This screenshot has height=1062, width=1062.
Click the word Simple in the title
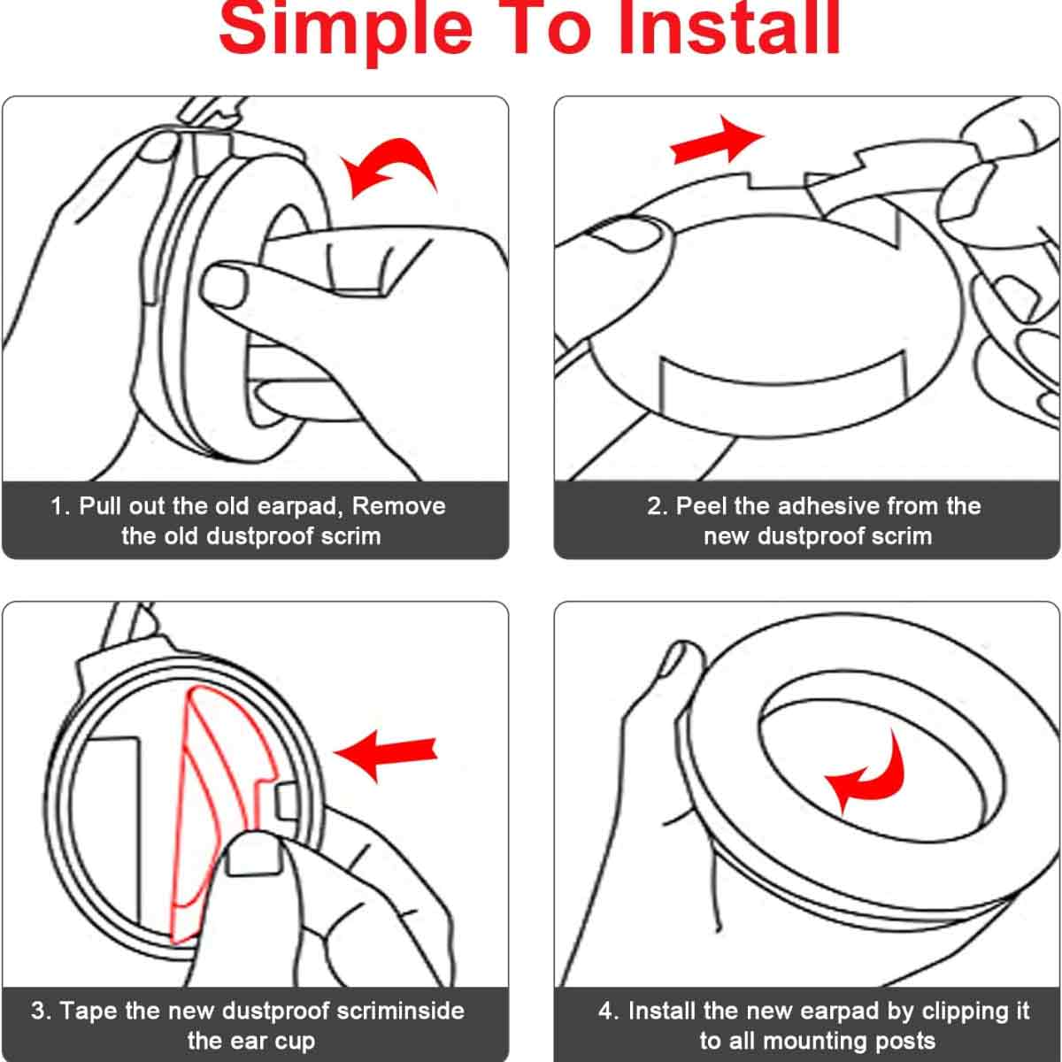point(345,27)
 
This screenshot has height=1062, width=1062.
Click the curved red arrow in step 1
point(389,167)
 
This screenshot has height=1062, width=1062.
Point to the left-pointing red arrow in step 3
point(386,755)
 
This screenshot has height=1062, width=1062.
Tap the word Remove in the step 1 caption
point(398,506)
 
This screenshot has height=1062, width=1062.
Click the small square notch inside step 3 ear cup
point(286,803)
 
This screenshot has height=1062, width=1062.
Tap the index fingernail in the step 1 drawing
point(224,287)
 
